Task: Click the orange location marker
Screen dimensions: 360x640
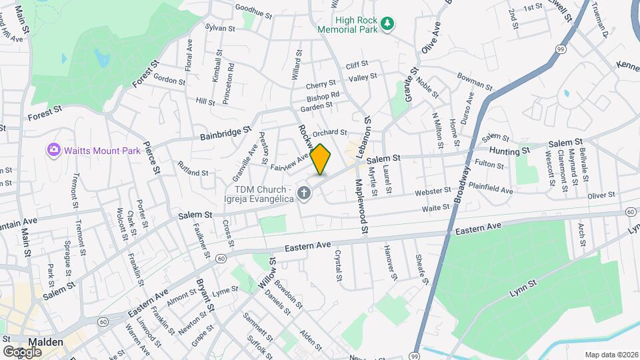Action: tap(321, 159)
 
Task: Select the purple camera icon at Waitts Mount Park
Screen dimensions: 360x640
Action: tap(53, 151)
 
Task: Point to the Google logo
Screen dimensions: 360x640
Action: tap(22, 351)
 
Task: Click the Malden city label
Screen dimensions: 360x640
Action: tap(45, 342)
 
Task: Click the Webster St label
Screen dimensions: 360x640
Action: tap(428, 193)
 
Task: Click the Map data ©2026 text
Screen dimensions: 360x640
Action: tap(610, 355)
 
